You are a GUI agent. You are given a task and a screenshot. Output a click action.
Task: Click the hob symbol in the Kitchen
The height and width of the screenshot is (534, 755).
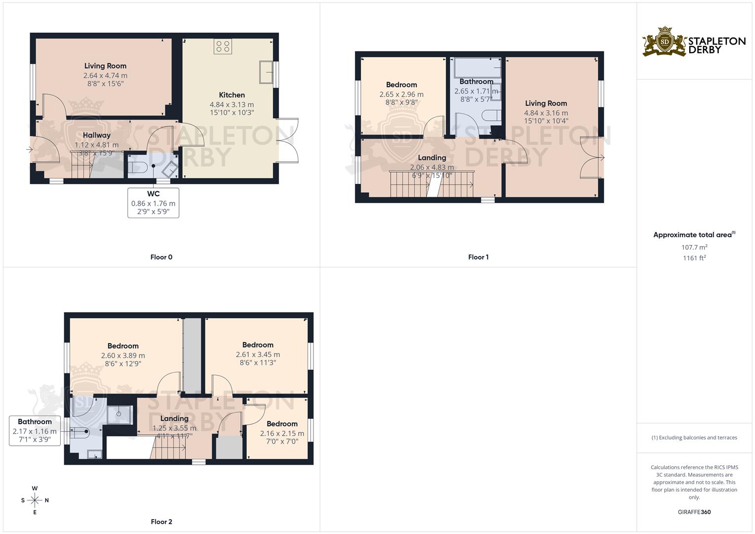pyautogui.click(x=223, y=47)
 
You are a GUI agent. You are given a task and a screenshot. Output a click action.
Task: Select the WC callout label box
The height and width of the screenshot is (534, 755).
pyautogui.click(x=153, y=203)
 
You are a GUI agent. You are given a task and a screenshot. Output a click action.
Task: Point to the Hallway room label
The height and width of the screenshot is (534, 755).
pyautogui.click(x=96, y=135)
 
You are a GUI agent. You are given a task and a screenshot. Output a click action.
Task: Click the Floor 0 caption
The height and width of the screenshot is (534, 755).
pyautogui.click(x=161, y=257)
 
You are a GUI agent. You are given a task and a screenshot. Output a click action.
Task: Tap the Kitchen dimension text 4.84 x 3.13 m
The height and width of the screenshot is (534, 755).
pyautogui.click(x=231, y=105)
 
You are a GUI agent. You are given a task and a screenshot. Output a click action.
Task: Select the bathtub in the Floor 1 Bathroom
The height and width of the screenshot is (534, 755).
pyautogui.click(x=477, y=67)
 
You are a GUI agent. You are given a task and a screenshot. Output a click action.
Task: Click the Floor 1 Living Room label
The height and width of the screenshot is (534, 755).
pyautogui.click(x=546, y=103)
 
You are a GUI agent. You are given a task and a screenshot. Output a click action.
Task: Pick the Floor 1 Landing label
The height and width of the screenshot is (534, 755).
pyautogui.click(x=432, y=158)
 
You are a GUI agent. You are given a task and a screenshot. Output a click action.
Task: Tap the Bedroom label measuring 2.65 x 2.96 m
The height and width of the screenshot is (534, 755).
pyautogui.click(x=401, y=85)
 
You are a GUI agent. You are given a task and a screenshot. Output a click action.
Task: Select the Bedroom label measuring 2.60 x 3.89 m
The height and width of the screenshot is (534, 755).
pyautogui.click(x=123, y=346)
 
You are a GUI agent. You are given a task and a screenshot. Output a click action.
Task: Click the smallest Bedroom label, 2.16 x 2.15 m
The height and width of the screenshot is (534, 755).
pyautogui.click(x=282, y=424)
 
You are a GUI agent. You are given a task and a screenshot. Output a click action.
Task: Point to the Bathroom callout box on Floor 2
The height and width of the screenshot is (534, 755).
pyautogui.click(x=35, y=431)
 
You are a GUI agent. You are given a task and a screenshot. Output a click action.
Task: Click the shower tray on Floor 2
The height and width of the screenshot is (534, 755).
pyautogui.click(x=119, y=415)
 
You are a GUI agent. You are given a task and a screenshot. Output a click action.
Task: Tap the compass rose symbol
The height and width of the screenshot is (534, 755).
pyautogui.click(x=35, y=500)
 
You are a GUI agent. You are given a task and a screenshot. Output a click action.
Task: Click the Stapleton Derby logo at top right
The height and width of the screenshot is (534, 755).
pyautogui.click(x=694, y=42)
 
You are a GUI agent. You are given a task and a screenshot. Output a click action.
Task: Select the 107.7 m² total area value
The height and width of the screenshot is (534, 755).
pyautogui.click(x=694, y=247)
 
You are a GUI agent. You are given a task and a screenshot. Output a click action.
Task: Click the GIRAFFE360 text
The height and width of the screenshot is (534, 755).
pyautogui.click(x=694, y=512)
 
